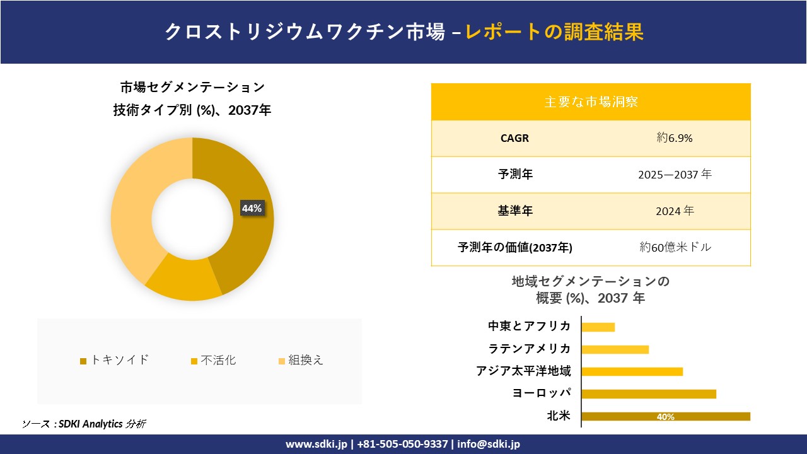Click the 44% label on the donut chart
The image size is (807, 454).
point(252,209)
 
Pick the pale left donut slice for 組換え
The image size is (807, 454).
point(136,202)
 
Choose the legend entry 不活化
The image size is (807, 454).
point(214,360)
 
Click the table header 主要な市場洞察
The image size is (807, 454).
point(591,102)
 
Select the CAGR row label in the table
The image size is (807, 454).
point(514,138)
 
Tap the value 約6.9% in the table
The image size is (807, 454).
point(674,138)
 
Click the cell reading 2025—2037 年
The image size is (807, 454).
point(674,175)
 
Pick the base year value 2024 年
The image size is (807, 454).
point(674,211)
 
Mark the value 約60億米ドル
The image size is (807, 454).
point(675,248)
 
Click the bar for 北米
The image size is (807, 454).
point(666,416)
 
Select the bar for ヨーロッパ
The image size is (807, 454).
point(649,394)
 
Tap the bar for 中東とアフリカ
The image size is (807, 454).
point(598,327)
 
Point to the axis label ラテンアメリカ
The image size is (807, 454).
point(530,349)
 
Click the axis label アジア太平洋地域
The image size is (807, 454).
point(523,371)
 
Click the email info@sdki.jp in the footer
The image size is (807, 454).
point(489,445)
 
